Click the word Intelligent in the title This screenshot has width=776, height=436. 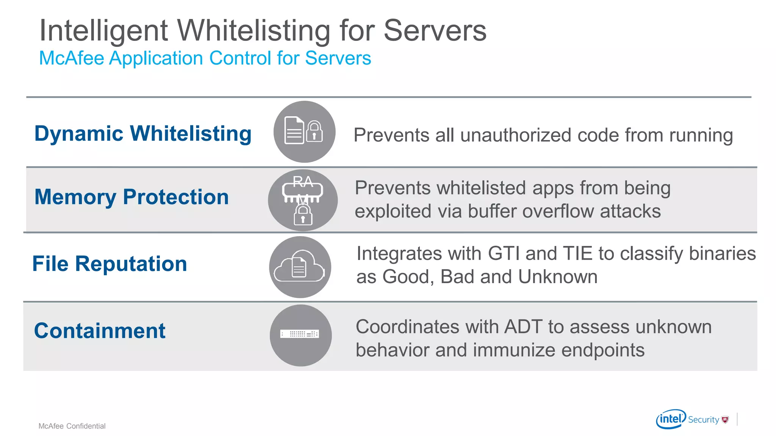(x=103, y=31)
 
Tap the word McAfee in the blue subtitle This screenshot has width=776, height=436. (x=72, y=58)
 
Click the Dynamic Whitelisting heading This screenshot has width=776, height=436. (x=143, y=134)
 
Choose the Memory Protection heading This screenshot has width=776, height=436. (x=131, y=197)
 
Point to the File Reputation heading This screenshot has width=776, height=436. (x=110, y=264)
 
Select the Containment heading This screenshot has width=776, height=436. (x=100, y=331)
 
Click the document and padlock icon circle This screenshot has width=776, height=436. (x=304, y=132)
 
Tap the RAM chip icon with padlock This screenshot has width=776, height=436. (x=303, y=200)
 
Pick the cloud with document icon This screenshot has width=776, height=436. (x=300, y=267)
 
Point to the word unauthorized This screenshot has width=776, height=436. (x=516, y=135)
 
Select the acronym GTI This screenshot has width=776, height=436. (x=504, y=254)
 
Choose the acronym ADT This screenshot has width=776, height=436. (x=523, y=327)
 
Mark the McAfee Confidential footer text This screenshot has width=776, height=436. (x=72, y=426)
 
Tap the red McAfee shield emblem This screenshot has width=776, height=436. (x=725, y=419)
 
